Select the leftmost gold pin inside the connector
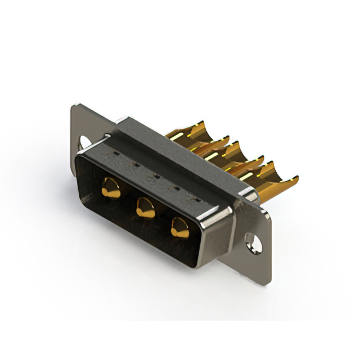click(111, 188)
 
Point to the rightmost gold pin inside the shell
click(180, 226)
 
